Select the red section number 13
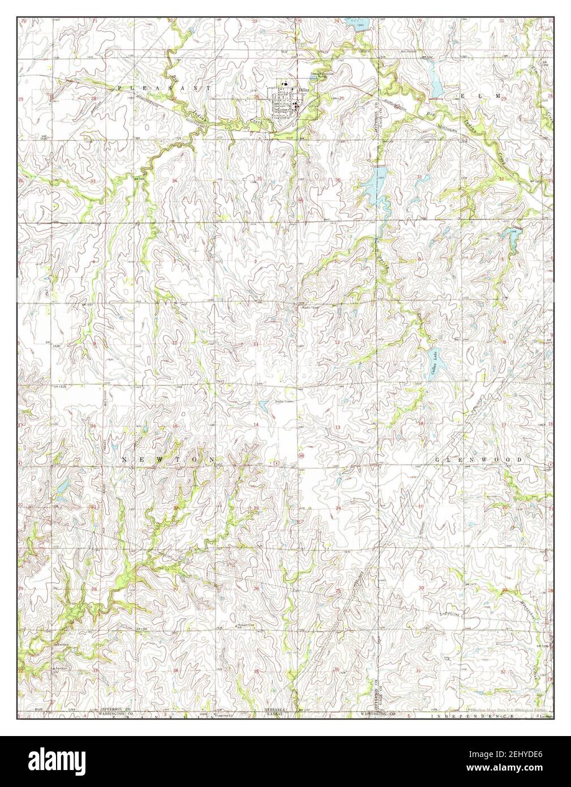pyautogui.click(x=338, y=426)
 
